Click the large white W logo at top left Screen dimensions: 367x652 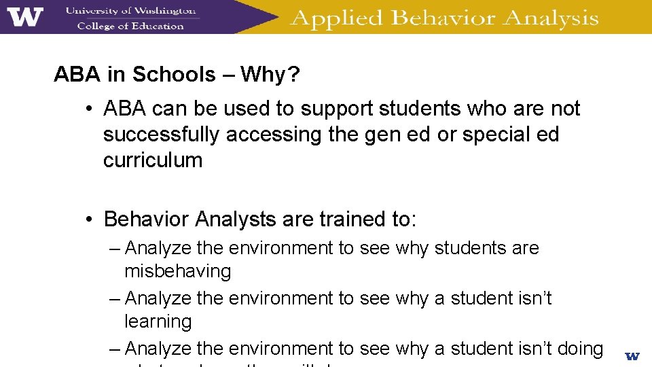(25, 17)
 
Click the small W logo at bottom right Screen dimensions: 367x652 (632, 355)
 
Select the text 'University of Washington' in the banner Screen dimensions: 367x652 (130, 10)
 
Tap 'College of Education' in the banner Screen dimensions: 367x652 (130, 26)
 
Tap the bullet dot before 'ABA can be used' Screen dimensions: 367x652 (89, 109)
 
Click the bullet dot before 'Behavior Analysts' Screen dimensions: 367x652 (89, 220)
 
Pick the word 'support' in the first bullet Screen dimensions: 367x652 (335, 109)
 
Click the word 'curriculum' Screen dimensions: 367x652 (153, 160)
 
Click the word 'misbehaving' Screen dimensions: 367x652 (178, 271)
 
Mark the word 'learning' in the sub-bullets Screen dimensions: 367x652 (158, 321)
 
